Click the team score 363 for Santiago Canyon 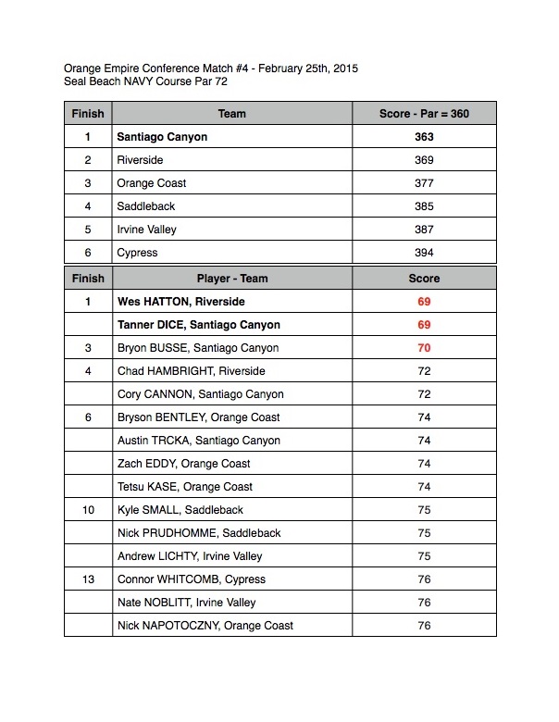coord(424,137)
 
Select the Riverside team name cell coord(140,160)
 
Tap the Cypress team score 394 coord(424,253)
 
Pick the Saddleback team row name coord(146,206)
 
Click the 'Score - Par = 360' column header coord(424,114)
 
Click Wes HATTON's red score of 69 coord(424,302)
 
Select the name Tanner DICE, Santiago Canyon coord(198,325)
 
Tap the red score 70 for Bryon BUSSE coord(424,348)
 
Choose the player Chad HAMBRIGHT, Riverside coord(191,371)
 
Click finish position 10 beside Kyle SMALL coord(87,510)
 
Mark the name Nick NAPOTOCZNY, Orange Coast coord(205,626)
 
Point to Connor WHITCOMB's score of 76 coord(424,579)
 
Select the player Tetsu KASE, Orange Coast coord(185,487)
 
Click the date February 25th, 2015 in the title coord(308,68)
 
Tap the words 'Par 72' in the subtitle coord(209,82)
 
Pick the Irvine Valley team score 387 coord(424,230)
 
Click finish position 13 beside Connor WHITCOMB coord(87,579)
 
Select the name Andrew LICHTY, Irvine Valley coord(190,556)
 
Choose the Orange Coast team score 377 coord(424,183)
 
